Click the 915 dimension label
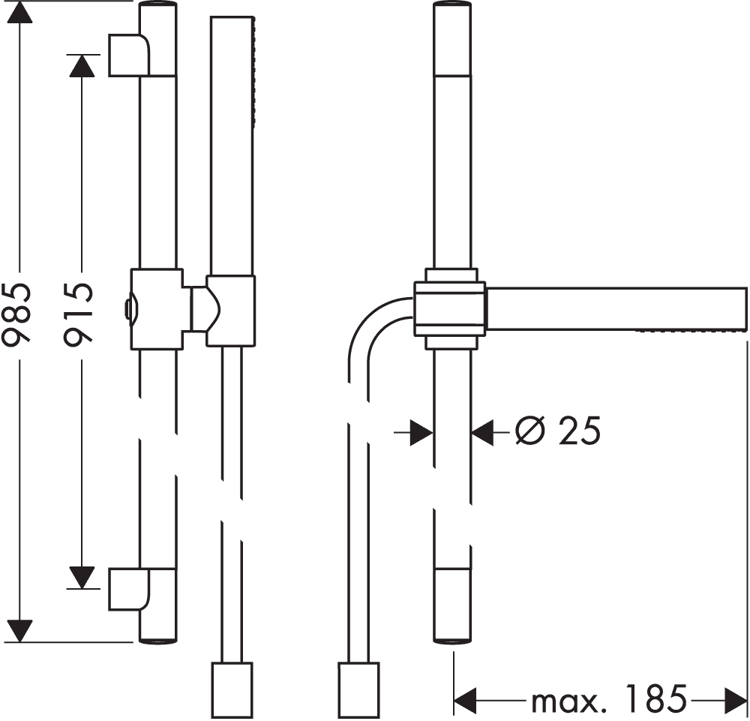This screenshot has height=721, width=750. (x=77, y=313)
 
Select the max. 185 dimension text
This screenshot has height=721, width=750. (x=608, y=701)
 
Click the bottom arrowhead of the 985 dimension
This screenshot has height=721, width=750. (x=20, y=630)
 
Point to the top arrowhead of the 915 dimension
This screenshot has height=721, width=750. (x=82, y=67)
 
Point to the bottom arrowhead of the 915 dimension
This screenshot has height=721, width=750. (x=82, y=576)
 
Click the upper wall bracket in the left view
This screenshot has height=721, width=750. (x=128, y=55)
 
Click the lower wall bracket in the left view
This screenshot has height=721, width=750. (x=128, y=589)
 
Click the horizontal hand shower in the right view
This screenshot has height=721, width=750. (x=615, y=308)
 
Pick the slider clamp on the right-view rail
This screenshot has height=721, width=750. (x=451, y=308)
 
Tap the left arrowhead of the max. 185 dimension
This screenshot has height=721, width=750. (x=465, y=701)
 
